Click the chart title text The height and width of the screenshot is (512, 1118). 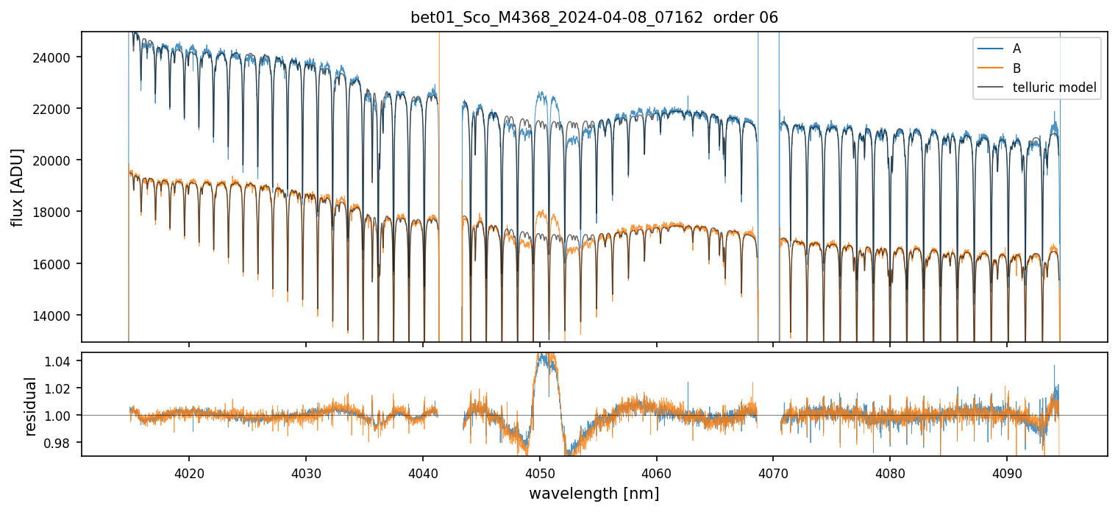594,18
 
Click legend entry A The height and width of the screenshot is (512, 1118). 1016,49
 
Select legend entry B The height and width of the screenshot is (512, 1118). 1016,68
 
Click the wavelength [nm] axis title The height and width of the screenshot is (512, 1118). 594,493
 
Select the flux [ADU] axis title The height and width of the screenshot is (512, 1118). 18,187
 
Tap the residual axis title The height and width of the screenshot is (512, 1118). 31,405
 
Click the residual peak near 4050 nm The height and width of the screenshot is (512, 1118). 545,360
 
